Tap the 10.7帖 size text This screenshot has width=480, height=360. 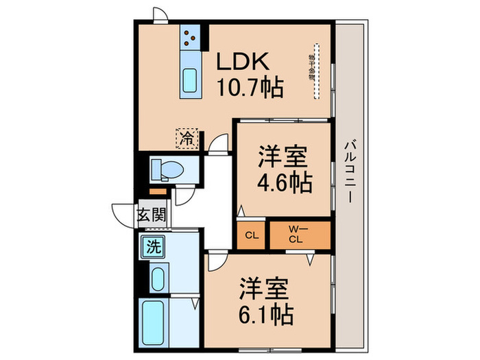click(x=250, y=88)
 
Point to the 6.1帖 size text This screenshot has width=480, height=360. click(x=267, y=314)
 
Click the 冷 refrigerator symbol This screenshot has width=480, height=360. click(x=187, y=137)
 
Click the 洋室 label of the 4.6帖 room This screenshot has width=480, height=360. click(x=283, y=155)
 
